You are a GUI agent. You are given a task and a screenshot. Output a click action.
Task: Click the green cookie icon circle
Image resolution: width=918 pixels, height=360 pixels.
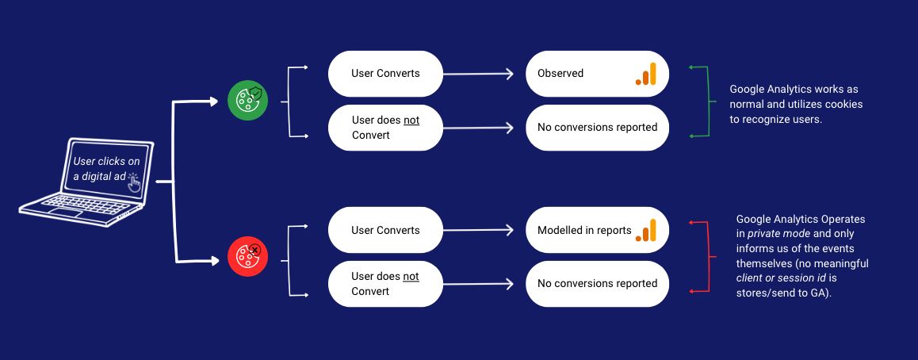point(247,101)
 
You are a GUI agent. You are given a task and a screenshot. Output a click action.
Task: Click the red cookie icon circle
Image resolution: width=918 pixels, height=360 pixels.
point(247,256)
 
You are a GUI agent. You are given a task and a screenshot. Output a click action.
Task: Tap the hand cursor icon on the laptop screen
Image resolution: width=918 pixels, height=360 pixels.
point(134,182)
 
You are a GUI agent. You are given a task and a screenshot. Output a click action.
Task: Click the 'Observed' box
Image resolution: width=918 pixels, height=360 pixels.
point(597,74)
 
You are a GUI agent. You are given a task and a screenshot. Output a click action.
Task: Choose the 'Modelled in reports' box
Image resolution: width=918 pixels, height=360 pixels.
point(597,230)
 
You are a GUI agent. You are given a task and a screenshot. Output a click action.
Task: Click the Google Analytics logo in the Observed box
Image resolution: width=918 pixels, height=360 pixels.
point(646,74)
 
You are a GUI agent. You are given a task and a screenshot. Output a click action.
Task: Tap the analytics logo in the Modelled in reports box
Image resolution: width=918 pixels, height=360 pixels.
point(646,230)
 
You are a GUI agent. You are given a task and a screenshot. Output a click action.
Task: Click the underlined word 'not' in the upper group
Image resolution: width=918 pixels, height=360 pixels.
point(411,121)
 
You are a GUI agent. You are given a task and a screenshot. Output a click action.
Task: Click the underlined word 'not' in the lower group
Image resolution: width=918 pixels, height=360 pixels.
point(411,276)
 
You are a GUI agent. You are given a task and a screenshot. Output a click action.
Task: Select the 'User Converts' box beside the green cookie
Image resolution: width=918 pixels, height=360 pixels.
point(385,74)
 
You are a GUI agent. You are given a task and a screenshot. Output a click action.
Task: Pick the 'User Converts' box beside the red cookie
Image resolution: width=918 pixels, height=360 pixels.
point(385,230)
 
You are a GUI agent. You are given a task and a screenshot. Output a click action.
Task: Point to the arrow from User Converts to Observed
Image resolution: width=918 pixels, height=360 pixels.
point(478,74)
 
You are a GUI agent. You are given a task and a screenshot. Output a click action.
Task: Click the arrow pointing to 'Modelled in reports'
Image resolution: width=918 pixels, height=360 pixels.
point(478,230)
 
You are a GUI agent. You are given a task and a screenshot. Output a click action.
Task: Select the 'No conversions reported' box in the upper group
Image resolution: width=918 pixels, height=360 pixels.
point(597,128)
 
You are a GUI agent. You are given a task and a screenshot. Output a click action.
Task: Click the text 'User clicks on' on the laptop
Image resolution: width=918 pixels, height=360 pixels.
point(106,162)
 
